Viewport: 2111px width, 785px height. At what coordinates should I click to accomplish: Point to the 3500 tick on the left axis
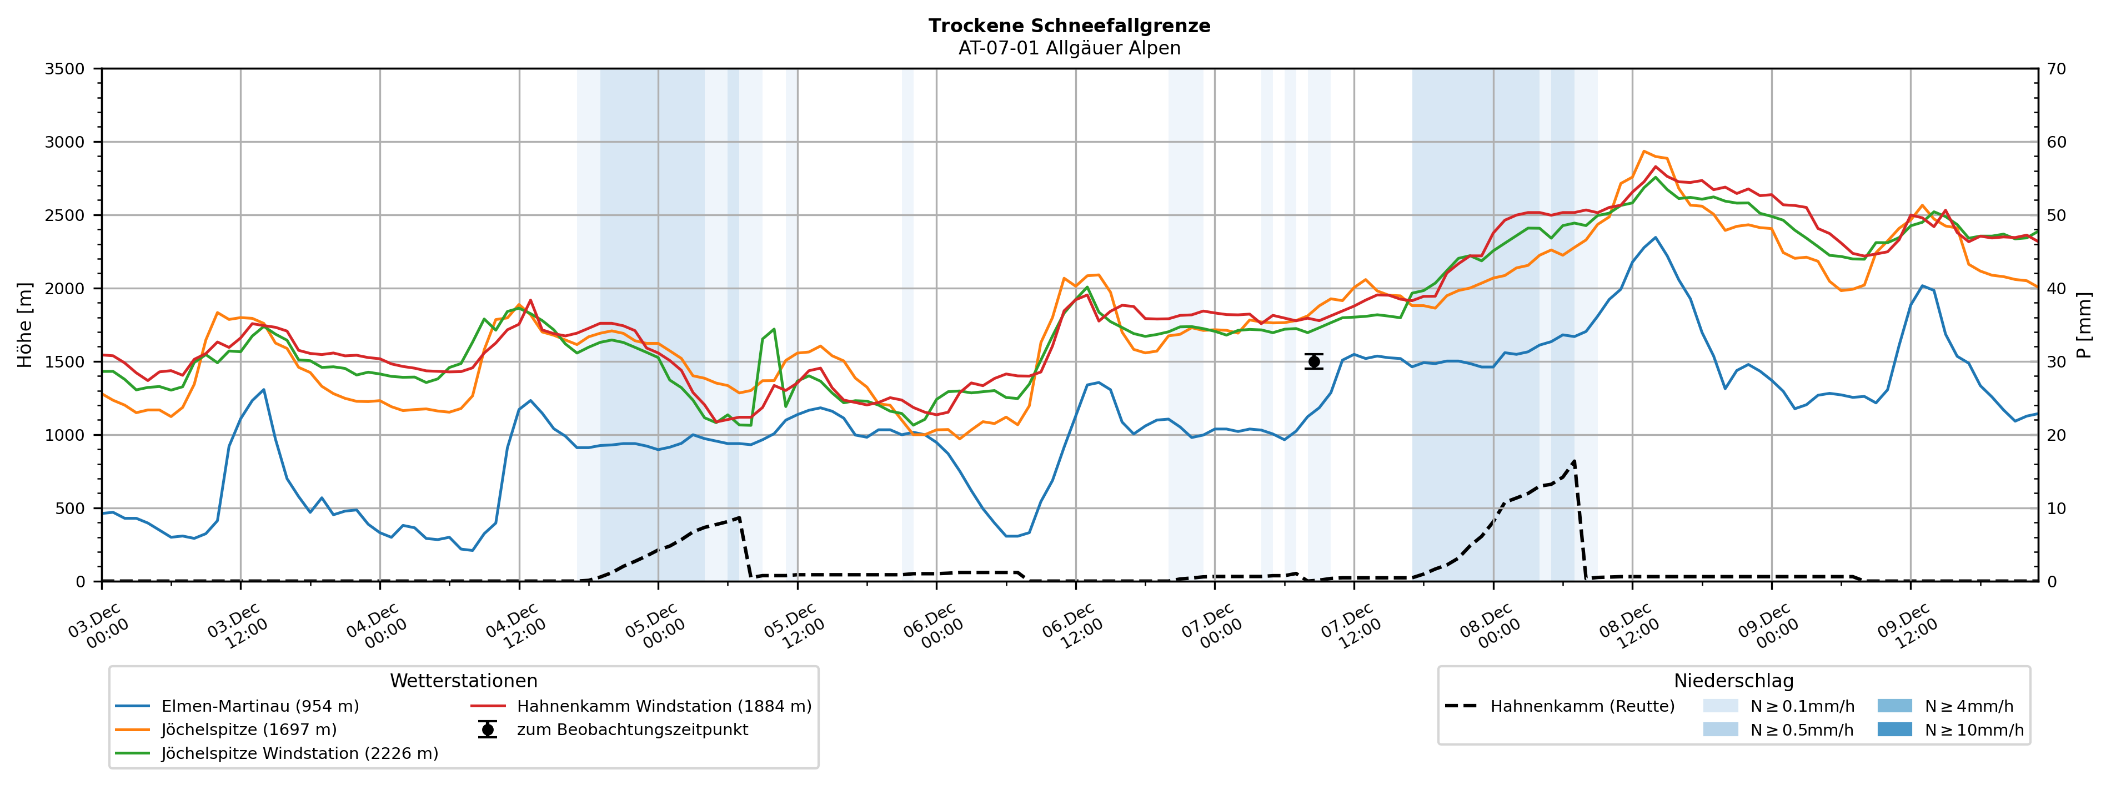click(65, 69)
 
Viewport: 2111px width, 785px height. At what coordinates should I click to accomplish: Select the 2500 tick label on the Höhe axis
click(65, 215)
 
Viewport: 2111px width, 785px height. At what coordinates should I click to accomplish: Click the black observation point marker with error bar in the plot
click(1313, 361)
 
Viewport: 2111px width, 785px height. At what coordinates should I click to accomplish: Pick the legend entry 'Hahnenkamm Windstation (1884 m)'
click(664, 706)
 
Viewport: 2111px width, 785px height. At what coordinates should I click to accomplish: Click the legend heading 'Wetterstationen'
click(463, 681)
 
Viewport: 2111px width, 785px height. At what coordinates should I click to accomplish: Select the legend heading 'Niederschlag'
click(1733, 681)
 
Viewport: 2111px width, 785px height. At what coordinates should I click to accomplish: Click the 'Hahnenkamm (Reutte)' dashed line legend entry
click(1582, 706)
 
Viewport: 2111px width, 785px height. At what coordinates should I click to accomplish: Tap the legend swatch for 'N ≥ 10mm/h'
click(1894, 730)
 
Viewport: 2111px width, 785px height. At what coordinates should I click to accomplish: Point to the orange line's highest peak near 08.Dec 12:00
click(1644, 151)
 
